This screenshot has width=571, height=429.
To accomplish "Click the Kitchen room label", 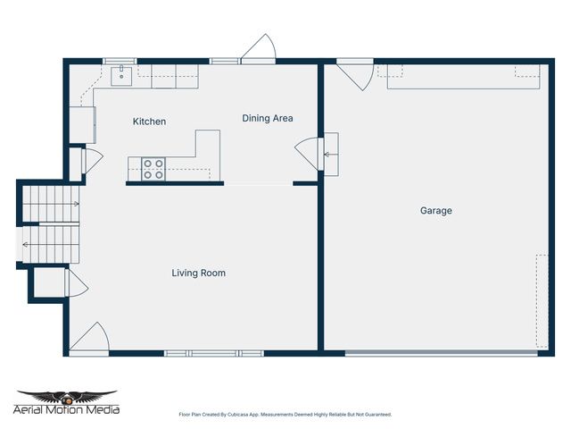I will tap(149, 122).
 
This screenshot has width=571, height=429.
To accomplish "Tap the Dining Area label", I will tap(268, 118).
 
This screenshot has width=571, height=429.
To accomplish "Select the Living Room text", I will tap(198, 273).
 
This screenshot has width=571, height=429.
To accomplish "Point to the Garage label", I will tap(436, 211).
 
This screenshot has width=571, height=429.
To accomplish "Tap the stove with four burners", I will tap(153, 169).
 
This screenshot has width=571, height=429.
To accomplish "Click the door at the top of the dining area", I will tap(260, 49).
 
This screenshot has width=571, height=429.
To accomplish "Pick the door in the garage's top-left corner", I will tap(354, 74).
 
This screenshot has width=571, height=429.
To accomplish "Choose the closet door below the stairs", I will tap(74, 285).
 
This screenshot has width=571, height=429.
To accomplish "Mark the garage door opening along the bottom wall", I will tap(442, 354).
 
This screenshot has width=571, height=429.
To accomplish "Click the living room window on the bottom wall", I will tap(214, 353).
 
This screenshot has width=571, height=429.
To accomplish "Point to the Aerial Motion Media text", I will tap(67, 410).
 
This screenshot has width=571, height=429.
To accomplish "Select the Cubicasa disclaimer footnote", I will tap(285, 415).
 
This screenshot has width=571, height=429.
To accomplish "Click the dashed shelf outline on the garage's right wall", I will tap(542, 301).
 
